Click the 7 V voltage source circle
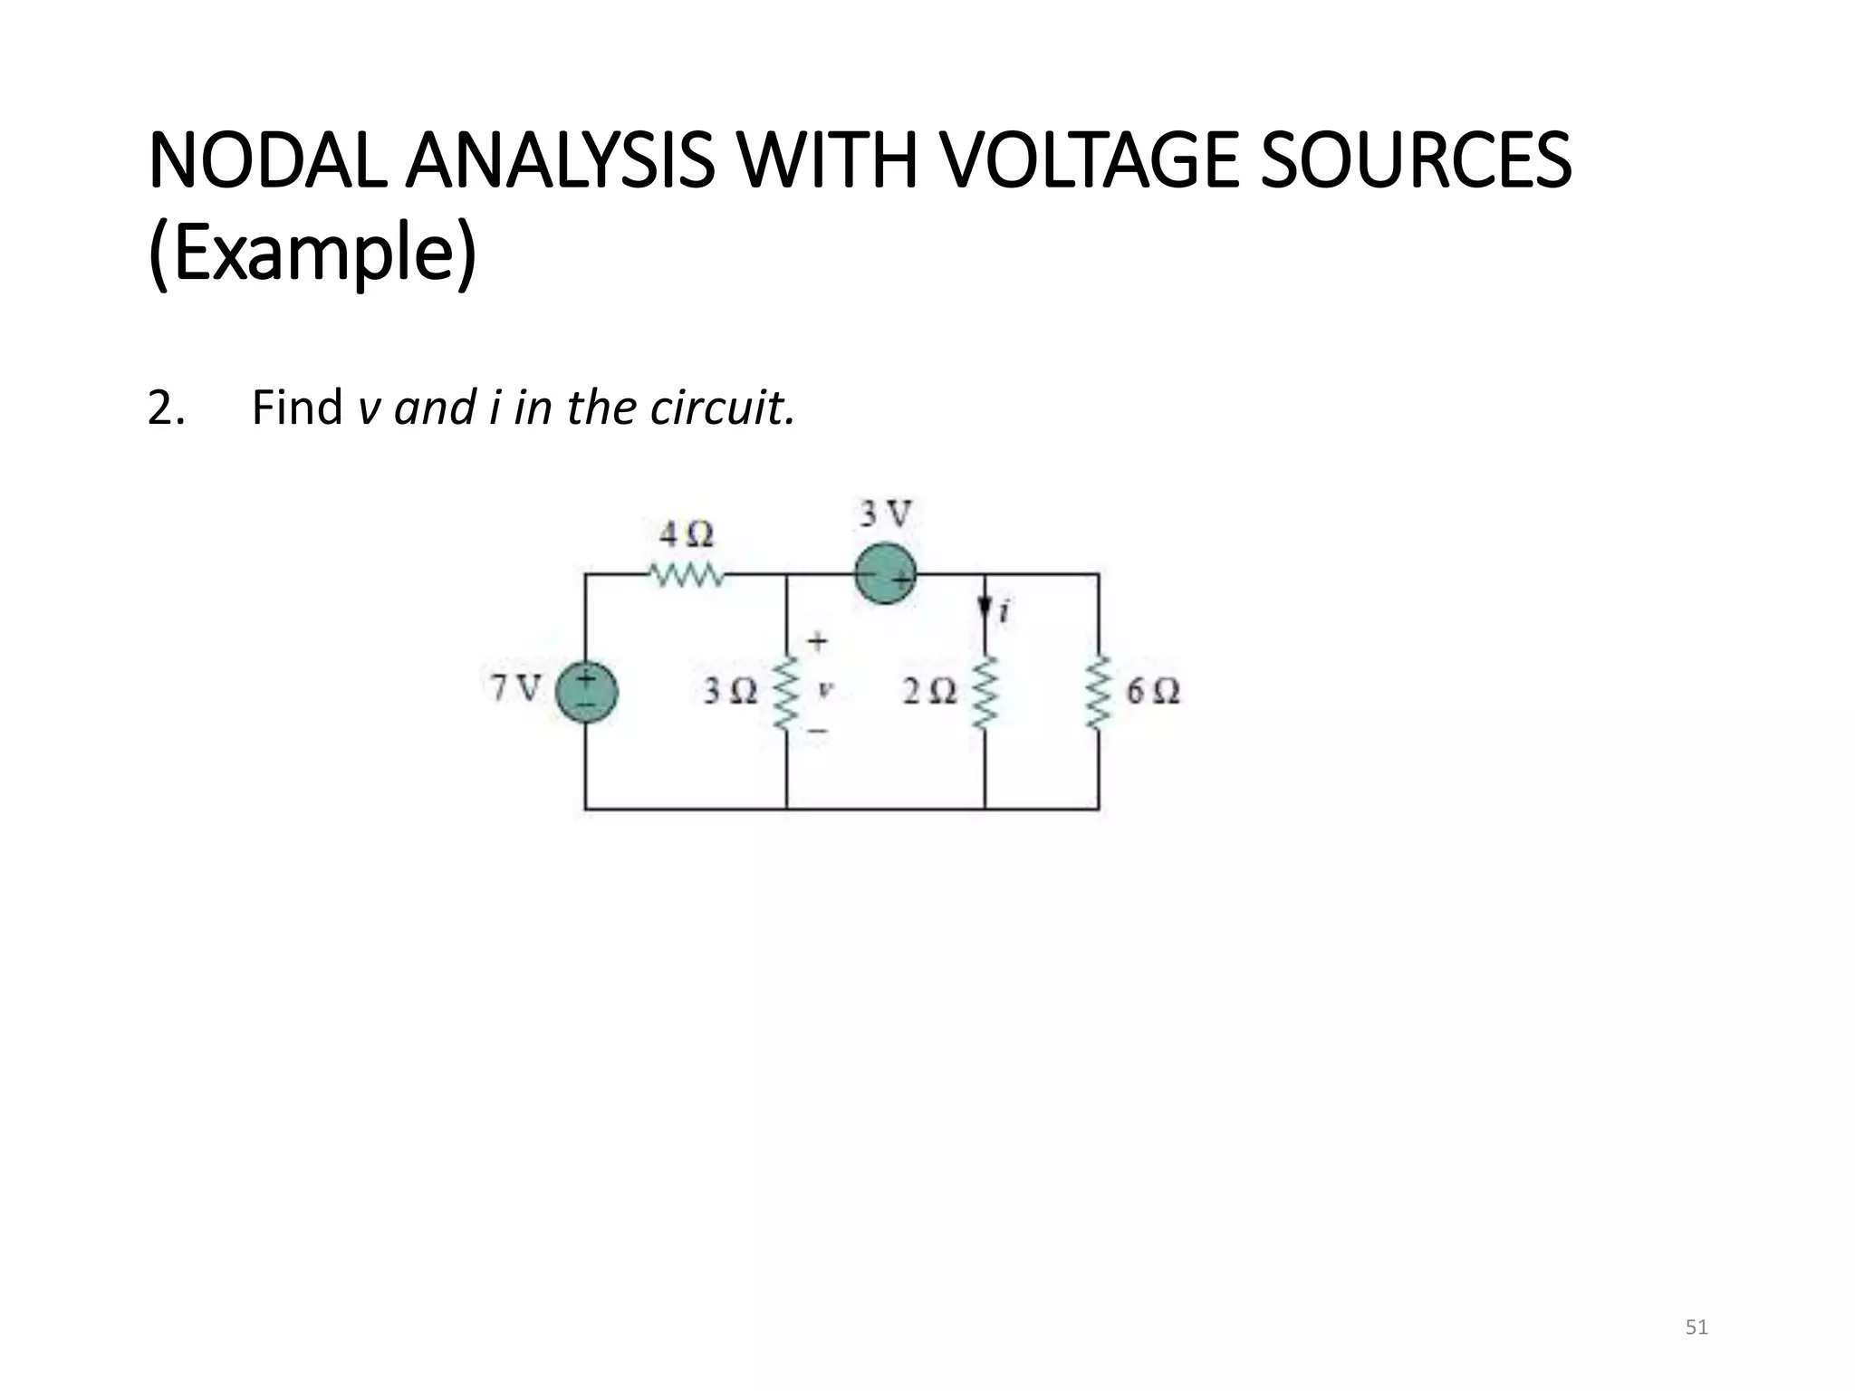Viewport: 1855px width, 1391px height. tap(586, 693)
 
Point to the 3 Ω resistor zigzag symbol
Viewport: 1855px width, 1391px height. tap(786, 693)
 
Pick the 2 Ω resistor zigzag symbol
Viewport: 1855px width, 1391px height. tap(985, 693)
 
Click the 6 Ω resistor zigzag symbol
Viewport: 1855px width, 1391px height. tap(1100, 693)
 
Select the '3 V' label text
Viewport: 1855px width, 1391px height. tap(885, 515)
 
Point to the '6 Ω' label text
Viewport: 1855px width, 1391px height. tap(1153, 693)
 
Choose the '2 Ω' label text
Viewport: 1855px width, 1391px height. tap(929, 693)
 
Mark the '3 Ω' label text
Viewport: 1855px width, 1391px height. tap(730, 693)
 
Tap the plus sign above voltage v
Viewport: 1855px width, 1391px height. tap(818, 642)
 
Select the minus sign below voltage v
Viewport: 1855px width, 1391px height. tap(818, 730)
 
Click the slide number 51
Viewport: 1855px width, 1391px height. tap(1696, 1329)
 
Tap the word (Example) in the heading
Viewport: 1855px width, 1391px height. tap(312, 256)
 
